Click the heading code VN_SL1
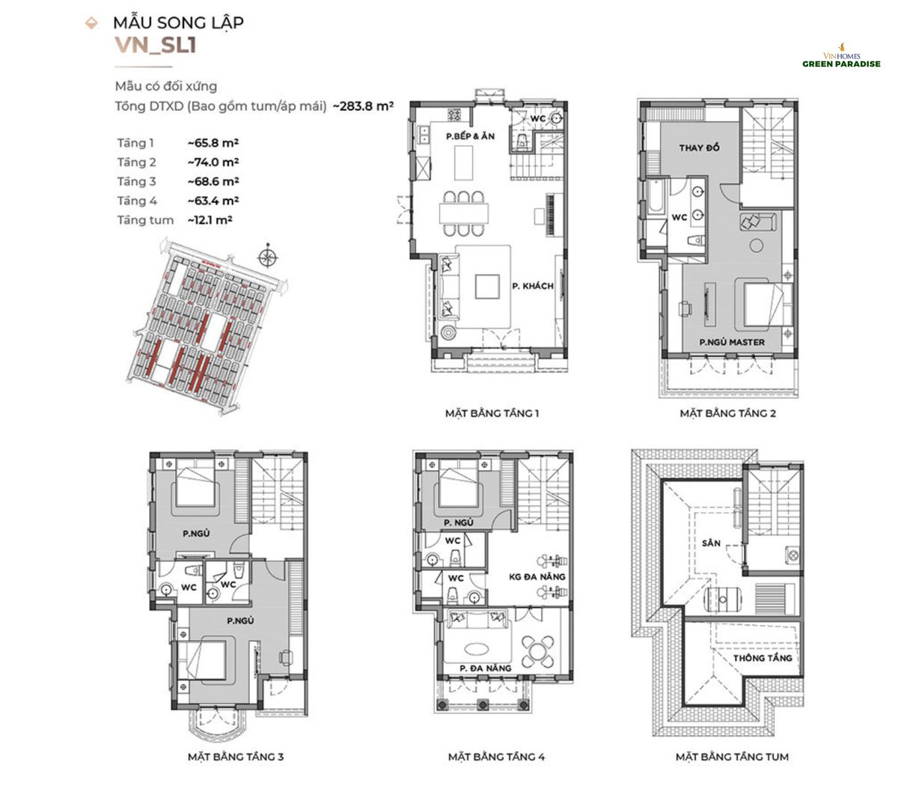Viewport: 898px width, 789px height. [155, 46]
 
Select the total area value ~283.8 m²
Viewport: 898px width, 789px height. [363, 106]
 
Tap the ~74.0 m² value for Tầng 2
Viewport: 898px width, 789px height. [213, 162]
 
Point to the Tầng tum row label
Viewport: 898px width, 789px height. [144, 220]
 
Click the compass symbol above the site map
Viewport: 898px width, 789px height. [266, 258]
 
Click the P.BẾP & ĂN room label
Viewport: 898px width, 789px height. [469, 137]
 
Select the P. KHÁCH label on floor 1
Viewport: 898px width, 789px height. [533, 286]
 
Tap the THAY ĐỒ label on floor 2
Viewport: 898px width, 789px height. [699, 147]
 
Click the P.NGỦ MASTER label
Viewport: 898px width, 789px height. [732, 342]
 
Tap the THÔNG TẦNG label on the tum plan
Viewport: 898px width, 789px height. [762, 657]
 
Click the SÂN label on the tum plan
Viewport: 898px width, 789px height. [711, 542]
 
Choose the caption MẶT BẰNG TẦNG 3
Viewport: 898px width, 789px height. [235, 757]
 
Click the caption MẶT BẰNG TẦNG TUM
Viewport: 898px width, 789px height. [731, 757]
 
